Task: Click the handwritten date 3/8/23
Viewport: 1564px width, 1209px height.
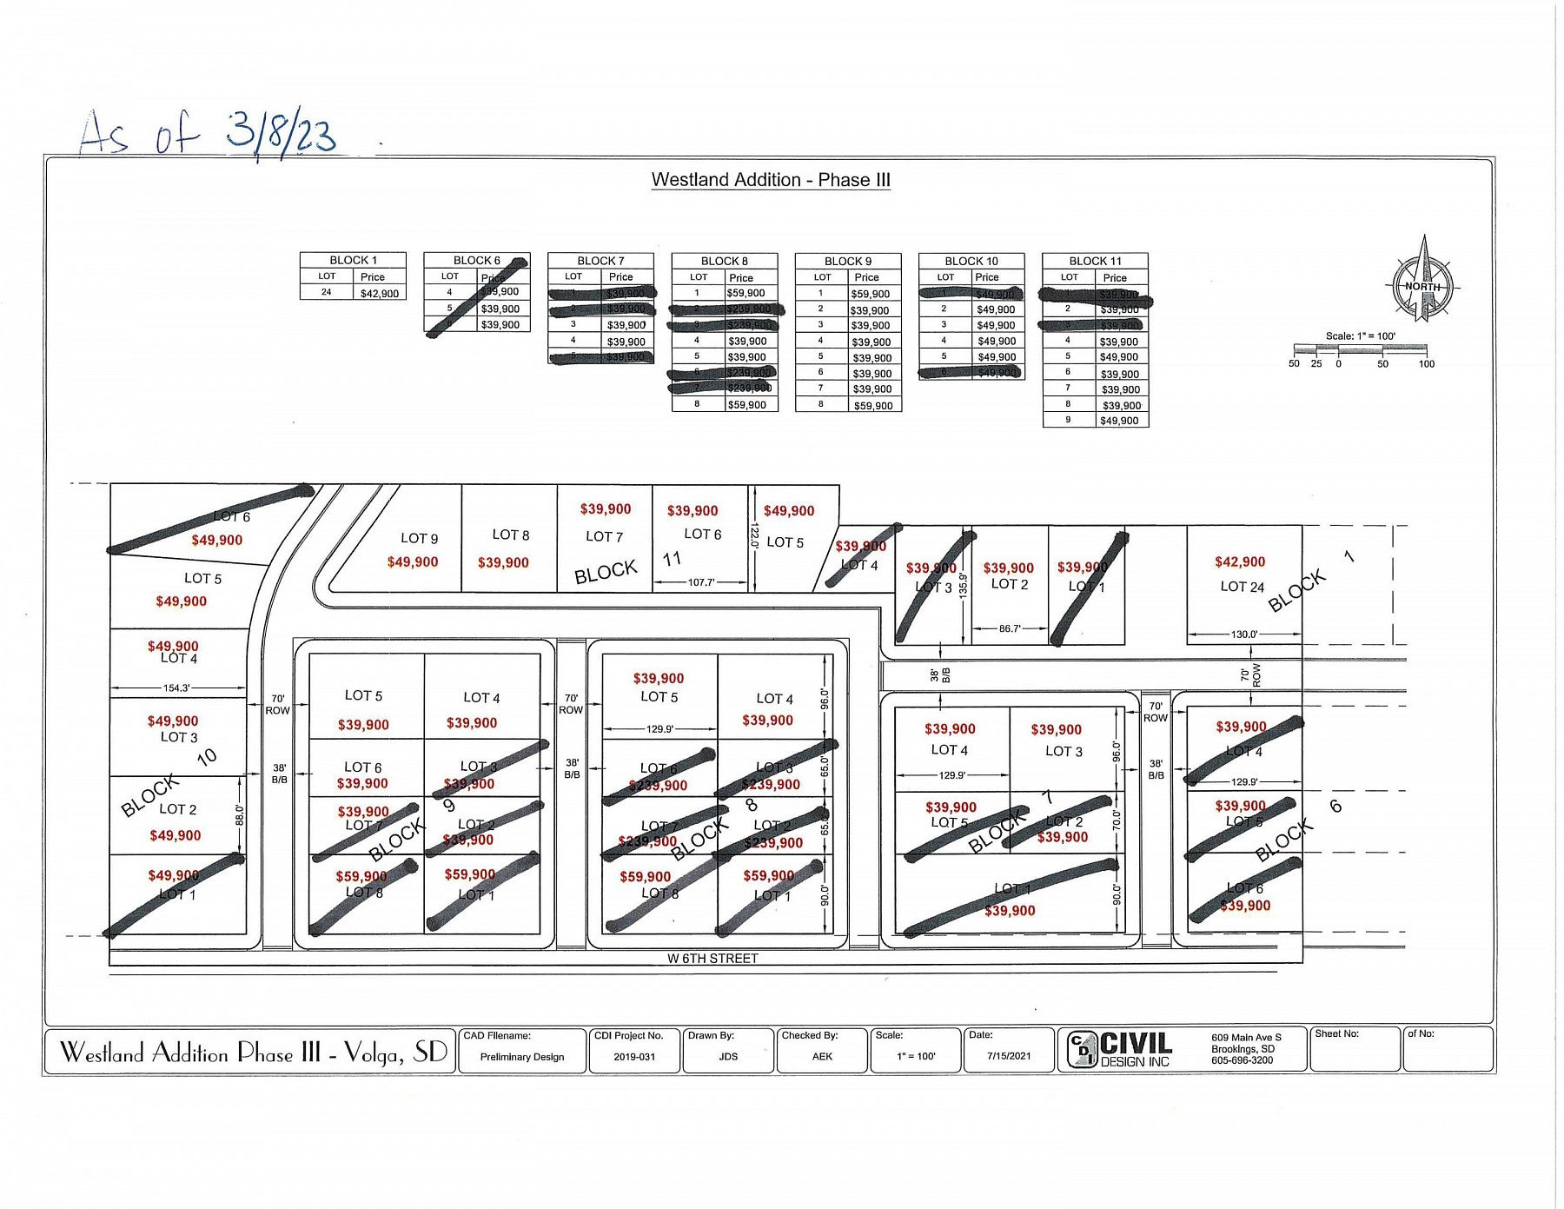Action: coord(281,133)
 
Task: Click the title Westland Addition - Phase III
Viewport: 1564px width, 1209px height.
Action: coord(771,180)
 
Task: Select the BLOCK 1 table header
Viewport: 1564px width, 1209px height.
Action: coord(353,260)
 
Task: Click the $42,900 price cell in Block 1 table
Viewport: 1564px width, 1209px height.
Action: coord(380,293)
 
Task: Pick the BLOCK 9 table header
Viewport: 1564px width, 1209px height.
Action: coord(847,261)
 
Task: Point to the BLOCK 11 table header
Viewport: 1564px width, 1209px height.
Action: coord(1095,261)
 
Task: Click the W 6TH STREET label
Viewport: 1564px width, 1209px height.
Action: coord(712,958)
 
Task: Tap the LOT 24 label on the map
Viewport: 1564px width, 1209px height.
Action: coord(1242,587)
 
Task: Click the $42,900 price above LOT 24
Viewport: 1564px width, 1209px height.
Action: coord(1240,562)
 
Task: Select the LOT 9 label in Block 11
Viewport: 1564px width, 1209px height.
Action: coord(419,538)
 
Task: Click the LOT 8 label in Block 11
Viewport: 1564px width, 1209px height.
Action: coord(510,535)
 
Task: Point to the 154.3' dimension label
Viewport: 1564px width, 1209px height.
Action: coord(176,688)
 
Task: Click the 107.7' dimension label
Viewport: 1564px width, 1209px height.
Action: coord(700,582)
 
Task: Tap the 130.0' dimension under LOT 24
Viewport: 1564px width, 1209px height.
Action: coord(1243,634)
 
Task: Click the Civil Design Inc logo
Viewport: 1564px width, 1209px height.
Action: coord(1119,1049)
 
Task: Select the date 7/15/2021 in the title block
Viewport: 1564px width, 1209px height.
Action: coord(1009,1056)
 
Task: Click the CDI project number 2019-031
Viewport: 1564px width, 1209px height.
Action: coord(634,1057)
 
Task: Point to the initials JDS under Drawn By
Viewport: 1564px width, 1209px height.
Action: coord(728,1057)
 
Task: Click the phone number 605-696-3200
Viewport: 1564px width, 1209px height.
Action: coord(1242,1060)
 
